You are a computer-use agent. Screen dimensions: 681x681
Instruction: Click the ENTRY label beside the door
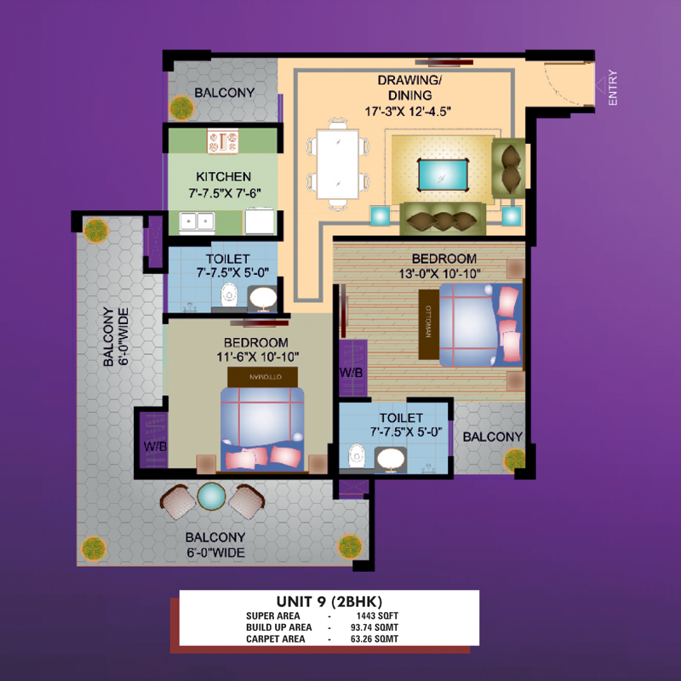coord(612,88)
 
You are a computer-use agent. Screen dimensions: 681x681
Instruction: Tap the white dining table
coord(337,164)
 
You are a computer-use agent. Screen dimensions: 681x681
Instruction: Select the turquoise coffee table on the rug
coord(443,175)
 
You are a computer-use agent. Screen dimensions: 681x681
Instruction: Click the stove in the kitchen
coord(223,141)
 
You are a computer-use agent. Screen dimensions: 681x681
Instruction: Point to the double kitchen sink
coord(197,221)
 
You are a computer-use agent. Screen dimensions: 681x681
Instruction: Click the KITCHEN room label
coord(223,177)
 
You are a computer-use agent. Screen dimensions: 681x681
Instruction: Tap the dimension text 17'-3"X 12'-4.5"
coord(408,112)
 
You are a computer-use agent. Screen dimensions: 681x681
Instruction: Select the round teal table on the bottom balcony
coord(211,496)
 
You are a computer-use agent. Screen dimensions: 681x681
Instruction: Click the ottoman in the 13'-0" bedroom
coord(429,324)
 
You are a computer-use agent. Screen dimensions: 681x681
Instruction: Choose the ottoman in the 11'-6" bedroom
coord(263,377)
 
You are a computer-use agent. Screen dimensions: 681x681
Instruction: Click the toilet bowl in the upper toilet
coord(229,295)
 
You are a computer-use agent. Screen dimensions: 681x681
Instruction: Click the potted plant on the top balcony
coord(181,108)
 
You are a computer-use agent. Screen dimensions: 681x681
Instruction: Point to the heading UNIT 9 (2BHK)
coord(329,602)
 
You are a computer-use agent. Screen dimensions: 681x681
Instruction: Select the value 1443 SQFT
coord(377,615)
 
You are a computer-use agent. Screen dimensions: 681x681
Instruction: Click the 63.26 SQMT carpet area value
coord(375,639)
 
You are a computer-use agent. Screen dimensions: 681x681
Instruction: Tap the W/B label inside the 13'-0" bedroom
coord(351,373)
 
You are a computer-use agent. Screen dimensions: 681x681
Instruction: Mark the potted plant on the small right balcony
coord(515,460)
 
